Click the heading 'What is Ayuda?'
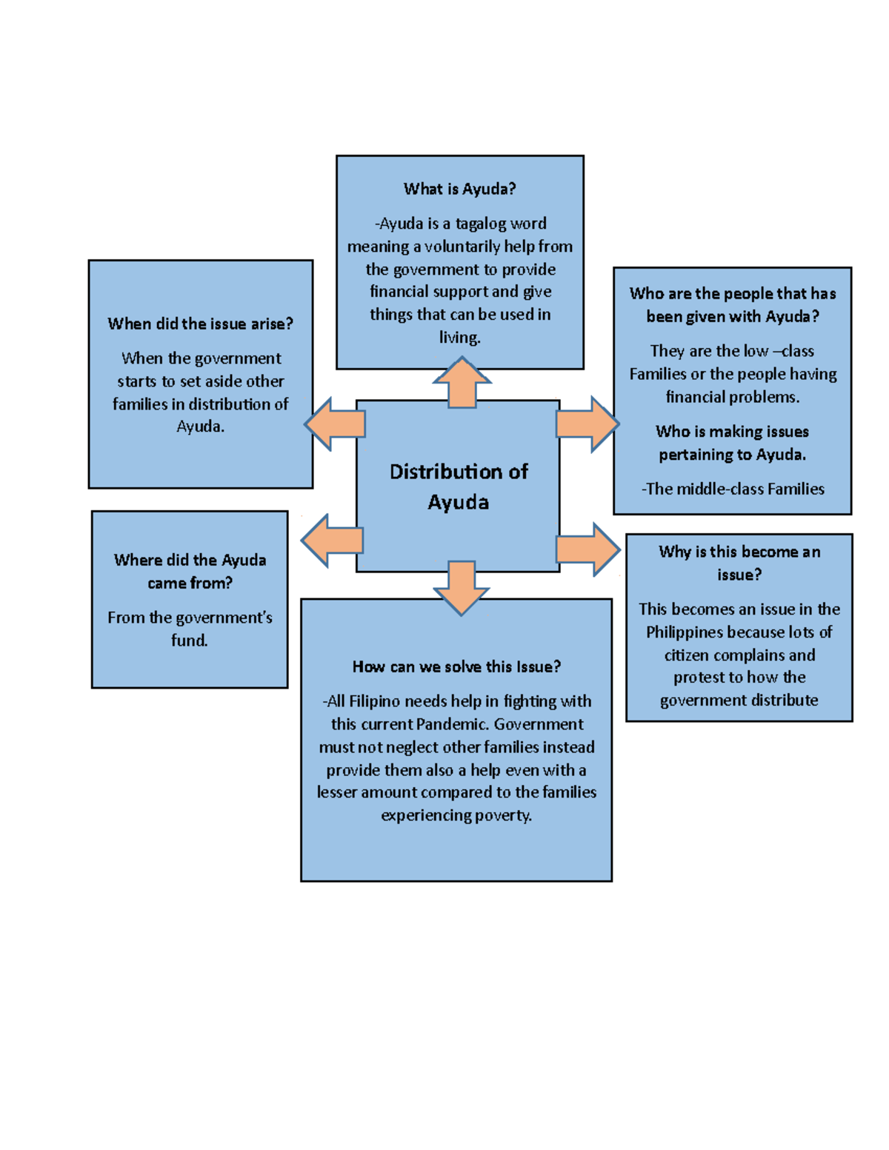(x=459, y=189)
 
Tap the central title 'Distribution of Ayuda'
(x=459, y=487)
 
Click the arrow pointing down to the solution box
(x=461, y=587)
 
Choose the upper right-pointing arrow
(x=587, y=424)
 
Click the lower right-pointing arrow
(x=587, y=549)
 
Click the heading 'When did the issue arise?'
(x=200, y=324)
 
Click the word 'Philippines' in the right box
(x=685, y=632)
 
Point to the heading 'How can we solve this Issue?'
(x=456, y=666)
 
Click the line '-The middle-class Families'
(x=733, y=489)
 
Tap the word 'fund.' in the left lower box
(x=190, y=641)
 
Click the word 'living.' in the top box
(x=460, y=338)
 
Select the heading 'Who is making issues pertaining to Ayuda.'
(x=733, y=443)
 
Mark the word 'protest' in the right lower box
(x=698, y=678)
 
